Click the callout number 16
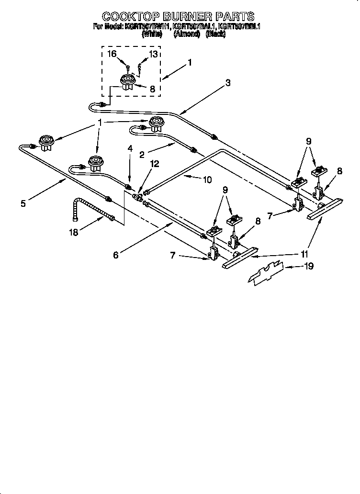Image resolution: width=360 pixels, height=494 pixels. (x=112, y=54)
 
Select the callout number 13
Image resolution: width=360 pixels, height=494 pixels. (x=153, y=54)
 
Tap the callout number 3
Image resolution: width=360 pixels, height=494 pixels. (x=228, y=83)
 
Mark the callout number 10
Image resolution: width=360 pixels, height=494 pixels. (x=207, y=180)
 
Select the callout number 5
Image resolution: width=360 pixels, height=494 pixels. (x=23, y=203)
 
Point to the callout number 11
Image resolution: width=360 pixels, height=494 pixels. (x=304, y=254)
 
